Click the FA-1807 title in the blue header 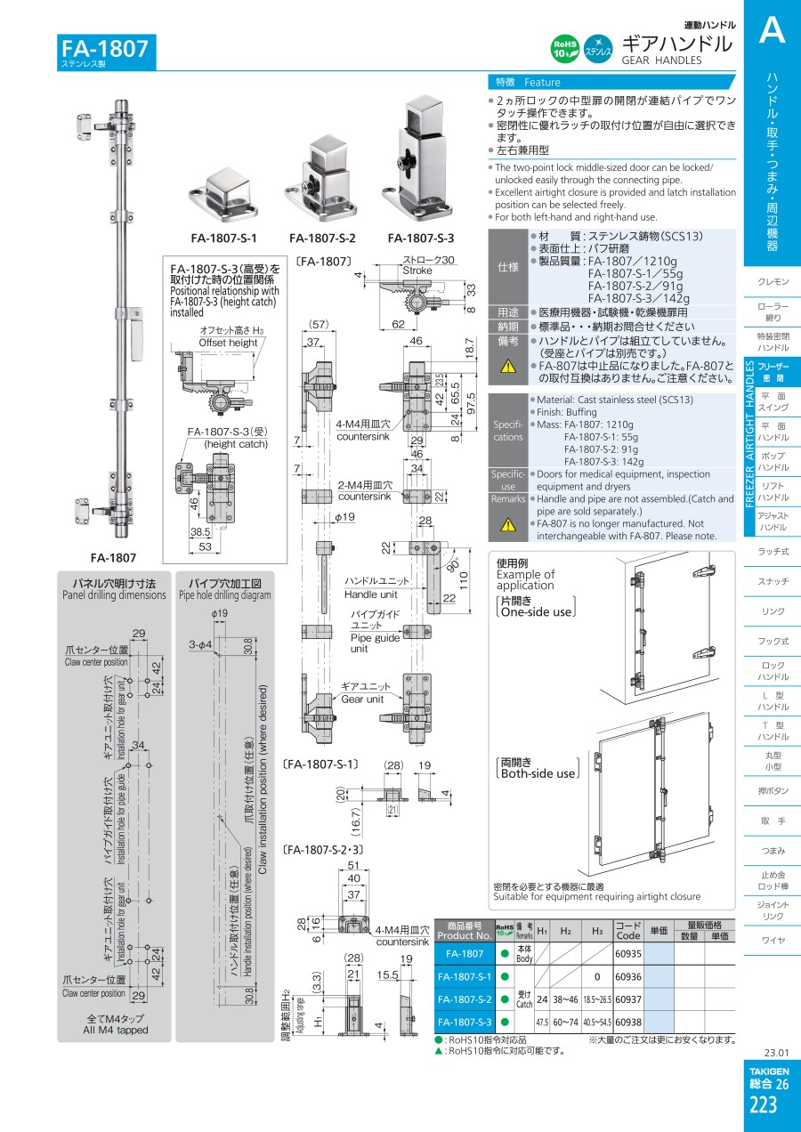pos(105,48)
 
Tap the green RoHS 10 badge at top pos(566,49)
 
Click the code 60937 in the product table pos(628,999)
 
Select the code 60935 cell pos(628,953)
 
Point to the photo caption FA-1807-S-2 pos(322,239)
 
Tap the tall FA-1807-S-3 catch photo pos(417,160)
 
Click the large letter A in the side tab pos(772,32)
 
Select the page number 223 pos(763,1105)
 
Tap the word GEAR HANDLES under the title pos(661,61)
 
